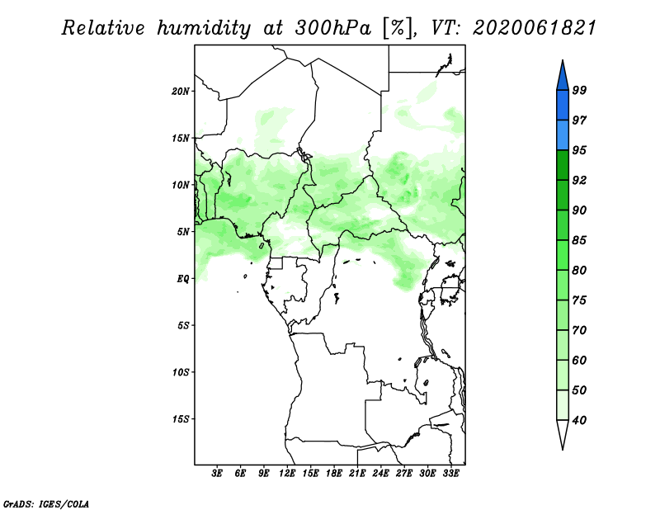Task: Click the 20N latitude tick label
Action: click(x=181, y=92)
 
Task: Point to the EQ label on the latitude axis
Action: click(x=183, y=279)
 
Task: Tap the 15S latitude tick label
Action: click(x=181, y=419)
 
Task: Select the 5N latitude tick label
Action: click(x=183, y=232)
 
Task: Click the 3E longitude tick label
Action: click(x=217, y=473)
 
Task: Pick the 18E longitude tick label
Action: click(x=333, y=473)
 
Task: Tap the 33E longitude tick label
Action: click(x=450, y=473)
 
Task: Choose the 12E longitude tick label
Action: click(x=286, y=473)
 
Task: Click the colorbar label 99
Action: click(x=579, y=90)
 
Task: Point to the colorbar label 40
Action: click(x=579, y=420)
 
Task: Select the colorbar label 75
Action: click(x=579, y=300)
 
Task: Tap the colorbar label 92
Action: click(x=579, y=180)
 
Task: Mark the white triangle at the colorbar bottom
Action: click(x=563, y=433)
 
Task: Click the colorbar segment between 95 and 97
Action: click(x=563, y=135)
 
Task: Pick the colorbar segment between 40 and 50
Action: click(x=563, y=405)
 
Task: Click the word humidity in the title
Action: click(x=204, y=29)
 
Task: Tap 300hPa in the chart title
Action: click(x=332, y=28)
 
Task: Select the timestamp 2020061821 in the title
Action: click(x=535, y=28)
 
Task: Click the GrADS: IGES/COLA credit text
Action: click(x=46, y=503)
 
